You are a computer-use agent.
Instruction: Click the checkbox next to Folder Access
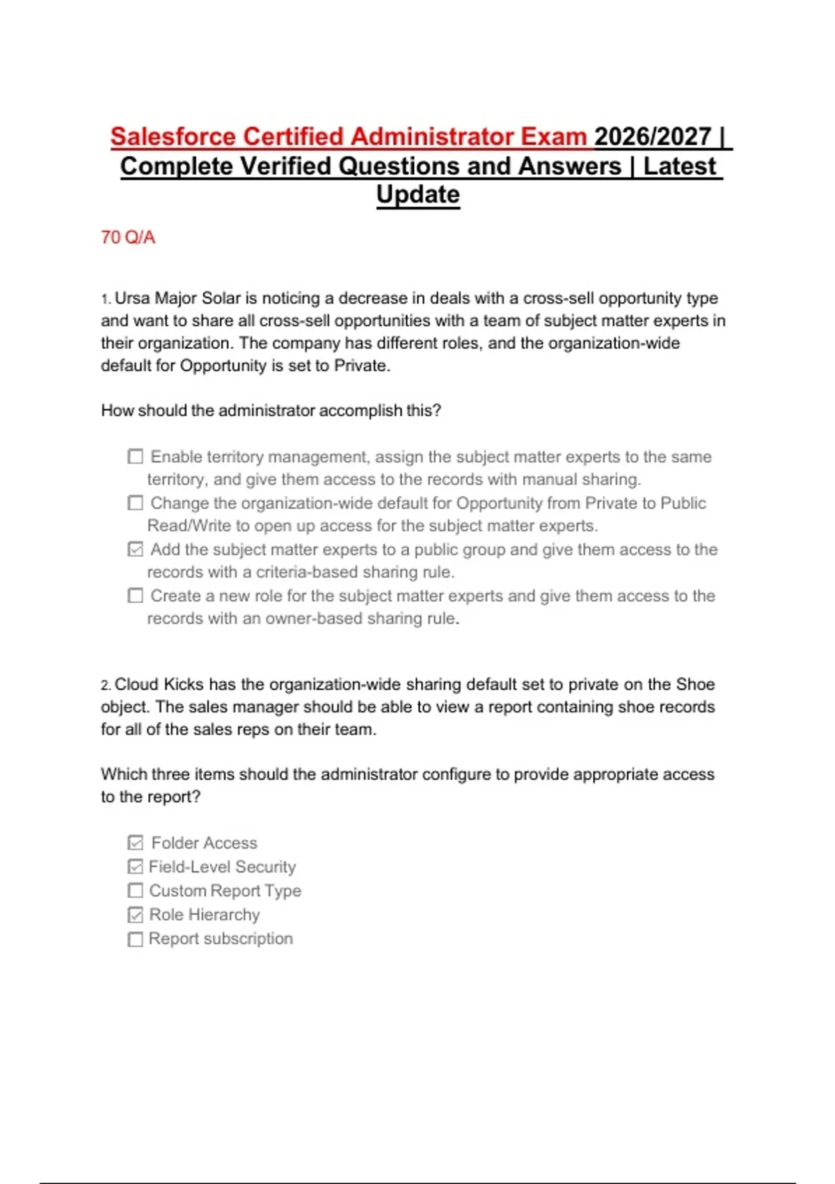(x=136, y=843)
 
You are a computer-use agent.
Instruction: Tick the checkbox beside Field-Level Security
(x=136, y=867)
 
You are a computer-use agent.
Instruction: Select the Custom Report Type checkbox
(x=136, y=891)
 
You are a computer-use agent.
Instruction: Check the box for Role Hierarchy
(x=136, y=914)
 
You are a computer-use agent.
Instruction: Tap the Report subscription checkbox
(x=136, y=939)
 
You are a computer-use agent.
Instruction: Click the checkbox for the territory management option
(x=136, y=457)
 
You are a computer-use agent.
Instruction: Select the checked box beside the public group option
(x=136, y=550)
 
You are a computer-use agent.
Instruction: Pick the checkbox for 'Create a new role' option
(x=136, y=596)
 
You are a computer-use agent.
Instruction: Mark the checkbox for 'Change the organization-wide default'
(x=136, y=503)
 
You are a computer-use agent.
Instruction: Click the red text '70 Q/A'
(x=128, y=237)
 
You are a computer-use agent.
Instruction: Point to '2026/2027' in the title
(x=653, y=137)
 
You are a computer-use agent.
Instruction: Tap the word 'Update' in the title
(x=417, y=194)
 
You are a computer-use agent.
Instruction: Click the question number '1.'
(x=106, y=299)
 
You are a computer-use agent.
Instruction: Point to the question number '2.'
(x=106, y=685)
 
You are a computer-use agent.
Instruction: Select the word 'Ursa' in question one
(x=132, y=298)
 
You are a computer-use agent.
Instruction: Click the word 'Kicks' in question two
(x=183, y=685)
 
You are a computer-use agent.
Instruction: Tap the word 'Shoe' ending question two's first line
(x=695, y=685)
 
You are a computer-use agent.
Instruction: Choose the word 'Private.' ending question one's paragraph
(x=362, y=366)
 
